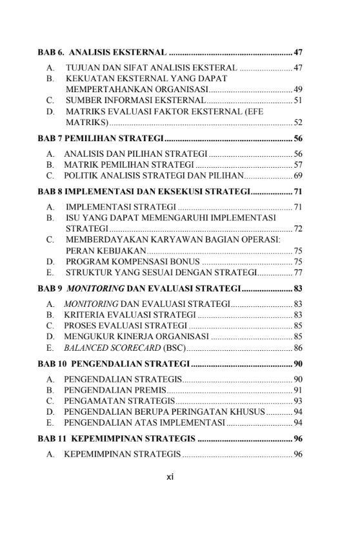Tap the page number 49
[298, 89]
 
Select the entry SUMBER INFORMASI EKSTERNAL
[135, 100]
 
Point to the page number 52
[298, 122]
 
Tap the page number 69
[298, 175]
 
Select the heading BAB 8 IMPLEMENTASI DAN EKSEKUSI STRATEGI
[143, 192]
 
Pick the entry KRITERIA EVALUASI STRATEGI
[129, 314]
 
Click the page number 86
[298, 348]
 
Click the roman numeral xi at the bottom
[170, 478]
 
